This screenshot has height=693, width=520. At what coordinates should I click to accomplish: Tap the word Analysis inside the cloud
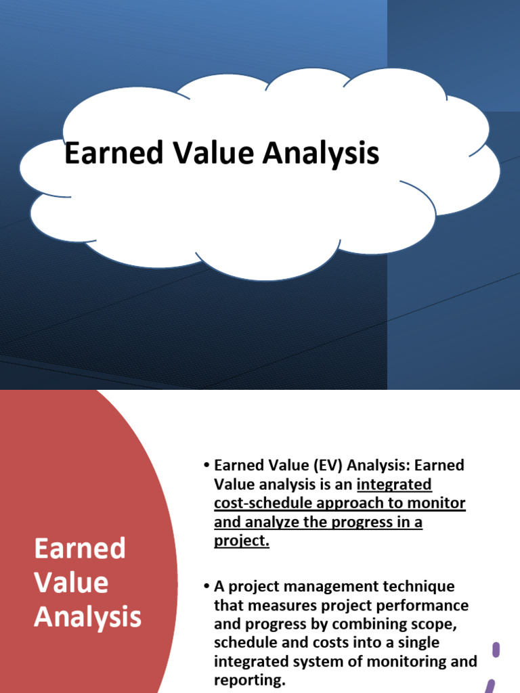pos(321,154)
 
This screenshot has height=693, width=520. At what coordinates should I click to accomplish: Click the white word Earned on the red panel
pos(80,547)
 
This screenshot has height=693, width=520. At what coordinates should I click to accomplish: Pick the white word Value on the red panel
pos(71,582)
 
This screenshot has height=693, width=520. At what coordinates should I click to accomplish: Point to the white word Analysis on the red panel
pos(88,617)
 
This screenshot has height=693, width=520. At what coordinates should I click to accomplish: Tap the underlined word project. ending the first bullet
pos(242,541)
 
